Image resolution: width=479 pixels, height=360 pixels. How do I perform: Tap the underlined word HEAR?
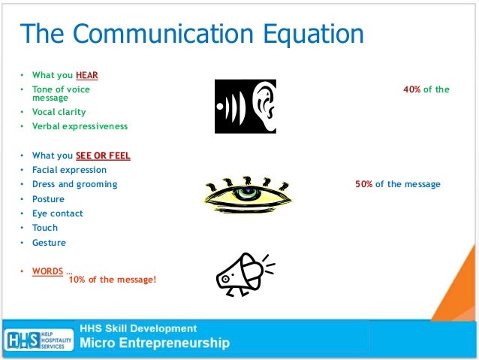click(x=86, y=75)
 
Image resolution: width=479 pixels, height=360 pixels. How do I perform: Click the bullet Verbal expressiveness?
click(x=80, y=126)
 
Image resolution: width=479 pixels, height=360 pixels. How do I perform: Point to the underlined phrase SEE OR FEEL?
click(x=103, y=156)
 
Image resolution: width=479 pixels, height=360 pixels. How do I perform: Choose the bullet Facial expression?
click(x=69, y=170)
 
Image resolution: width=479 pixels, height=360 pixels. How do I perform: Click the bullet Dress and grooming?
click(x=74, y=184)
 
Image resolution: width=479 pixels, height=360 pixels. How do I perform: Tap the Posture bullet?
click(x=48, y=199)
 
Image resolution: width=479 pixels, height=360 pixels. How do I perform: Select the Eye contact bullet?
click(x=57, y=213)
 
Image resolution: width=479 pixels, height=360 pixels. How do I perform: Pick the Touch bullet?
click(x=44, y=228)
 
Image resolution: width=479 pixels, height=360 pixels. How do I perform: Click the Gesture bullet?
click(x=49, y=243)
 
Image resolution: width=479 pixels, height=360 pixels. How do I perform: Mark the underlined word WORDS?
click(x=47, y=271)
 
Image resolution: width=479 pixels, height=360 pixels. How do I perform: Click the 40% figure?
click(x=411, y=89)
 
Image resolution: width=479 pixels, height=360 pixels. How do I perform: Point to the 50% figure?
click(x=364, y=184)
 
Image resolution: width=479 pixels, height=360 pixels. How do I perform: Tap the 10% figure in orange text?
click(x=78, y=280)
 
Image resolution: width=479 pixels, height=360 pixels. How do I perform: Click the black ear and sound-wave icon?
click(x=245, y=106)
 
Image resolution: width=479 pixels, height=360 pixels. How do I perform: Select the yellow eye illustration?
click(x=248, y=195)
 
